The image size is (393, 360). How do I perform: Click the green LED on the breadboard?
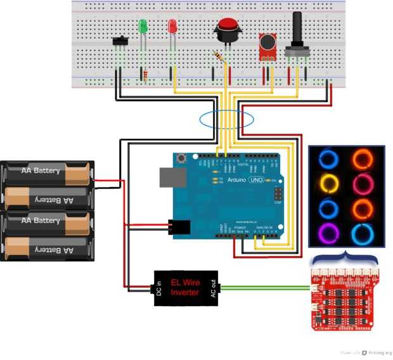(143, 27)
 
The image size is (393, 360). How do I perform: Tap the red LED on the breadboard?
(172, 27)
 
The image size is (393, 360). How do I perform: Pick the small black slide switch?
(120, 42)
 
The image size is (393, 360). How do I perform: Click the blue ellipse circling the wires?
(226, 119)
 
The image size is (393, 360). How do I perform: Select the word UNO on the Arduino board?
(255, 180)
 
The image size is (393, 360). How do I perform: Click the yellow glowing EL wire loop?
(328, 183)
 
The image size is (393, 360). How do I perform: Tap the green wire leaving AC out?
(266, 286)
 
